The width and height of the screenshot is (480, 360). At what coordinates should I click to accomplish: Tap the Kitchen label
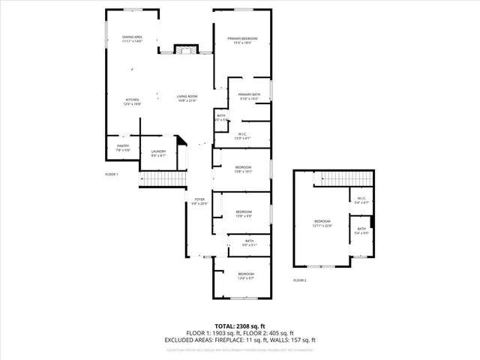(132, 101)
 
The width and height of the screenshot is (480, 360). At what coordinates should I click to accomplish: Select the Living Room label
(187, 98)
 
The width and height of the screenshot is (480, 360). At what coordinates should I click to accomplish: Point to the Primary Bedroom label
(243, 40)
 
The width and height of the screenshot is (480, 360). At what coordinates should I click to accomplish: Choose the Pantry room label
(123, 148)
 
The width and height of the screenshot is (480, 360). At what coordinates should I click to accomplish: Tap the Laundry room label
(157, 153)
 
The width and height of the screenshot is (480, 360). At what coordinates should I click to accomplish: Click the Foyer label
(198, 201)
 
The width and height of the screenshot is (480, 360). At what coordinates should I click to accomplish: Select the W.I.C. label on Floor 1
(243, 136)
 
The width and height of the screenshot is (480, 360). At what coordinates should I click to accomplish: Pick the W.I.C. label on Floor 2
(361, 200)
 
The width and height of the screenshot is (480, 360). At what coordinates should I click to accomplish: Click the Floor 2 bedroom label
(322, 223)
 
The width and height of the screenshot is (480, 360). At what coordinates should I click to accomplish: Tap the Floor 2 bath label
(361, 230)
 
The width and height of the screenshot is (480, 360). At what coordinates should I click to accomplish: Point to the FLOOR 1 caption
(112, 174)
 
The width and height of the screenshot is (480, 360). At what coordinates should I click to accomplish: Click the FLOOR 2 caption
(300, 280)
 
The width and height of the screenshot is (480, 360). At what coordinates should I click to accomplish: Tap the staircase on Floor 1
(163, 180)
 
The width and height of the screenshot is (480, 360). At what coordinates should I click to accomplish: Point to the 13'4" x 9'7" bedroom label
(247, 276)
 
